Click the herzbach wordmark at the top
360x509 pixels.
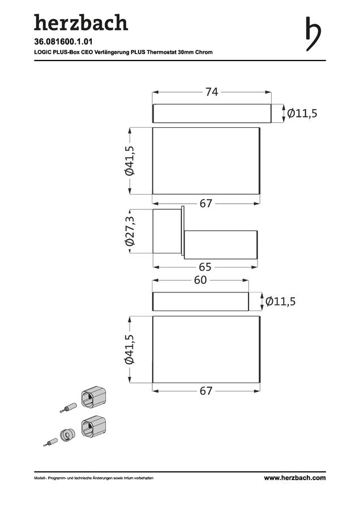81,23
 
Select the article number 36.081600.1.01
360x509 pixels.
63,41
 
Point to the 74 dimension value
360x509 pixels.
212,92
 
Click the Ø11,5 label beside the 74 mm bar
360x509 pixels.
302,113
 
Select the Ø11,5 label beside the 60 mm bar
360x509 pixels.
280,301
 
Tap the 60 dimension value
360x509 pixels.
200,280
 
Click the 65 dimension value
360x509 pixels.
205,267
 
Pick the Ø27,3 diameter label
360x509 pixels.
130,231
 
